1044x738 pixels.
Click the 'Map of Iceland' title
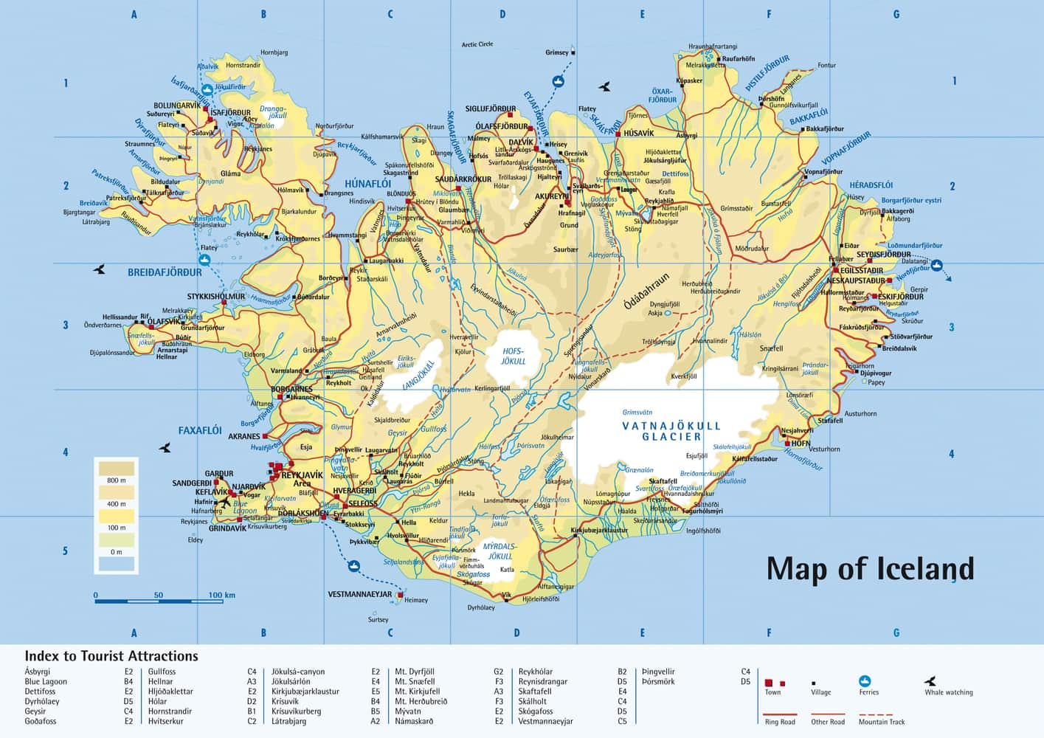[870, 569]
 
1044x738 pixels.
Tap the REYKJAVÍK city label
[302, 475]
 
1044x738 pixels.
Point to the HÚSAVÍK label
[638, 134]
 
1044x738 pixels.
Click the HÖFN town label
[801, 444]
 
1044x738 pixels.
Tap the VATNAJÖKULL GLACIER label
[671, 431]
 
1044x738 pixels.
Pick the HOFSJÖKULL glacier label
[514, 356]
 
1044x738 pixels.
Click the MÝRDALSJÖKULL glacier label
[499, 551]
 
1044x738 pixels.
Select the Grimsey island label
[557, 52]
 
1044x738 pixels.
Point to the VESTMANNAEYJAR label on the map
[359, 594]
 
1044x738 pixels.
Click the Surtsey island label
[378, 620]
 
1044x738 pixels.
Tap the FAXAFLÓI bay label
[200, 430]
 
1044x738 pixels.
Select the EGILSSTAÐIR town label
[861, 271]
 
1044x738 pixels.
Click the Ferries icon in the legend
[865, 681]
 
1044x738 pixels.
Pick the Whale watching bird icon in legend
[930, 681]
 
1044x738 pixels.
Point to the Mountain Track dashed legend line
[876, 714]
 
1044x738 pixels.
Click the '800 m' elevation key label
[117, 480]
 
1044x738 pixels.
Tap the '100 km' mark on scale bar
[221, 595]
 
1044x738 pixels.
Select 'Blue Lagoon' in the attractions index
[46, 682]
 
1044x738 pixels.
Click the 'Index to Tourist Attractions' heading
[111, 656]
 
